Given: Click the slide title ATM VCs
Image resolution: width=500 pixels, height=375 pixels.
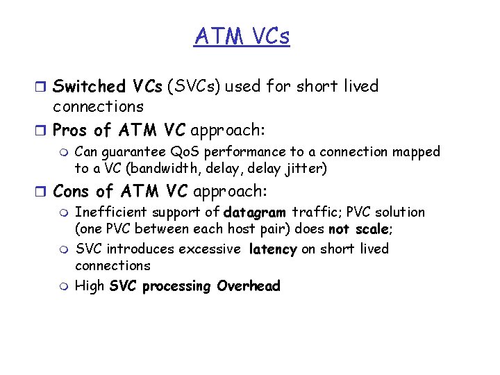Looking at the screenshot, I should coord(242,35).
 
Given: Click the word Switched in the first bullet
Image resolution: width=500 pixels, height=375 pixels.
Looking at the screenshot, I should coord(88,87).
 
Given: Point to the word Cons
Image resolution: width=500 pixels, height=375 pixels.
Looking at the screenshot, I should coord(72,190).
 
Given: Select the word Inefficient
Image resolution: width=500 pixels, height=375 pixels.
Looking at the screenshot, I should coord(111,212).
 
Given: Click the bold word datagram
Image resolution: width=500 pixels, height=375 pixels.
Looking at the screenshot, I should coord(254,212).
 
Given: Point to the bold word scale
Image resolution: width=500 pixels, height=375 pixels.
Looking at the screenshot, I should coord(370,229).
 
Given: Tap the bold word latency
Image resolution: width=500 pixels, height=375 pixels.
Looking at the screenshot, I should coord(273,249).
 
